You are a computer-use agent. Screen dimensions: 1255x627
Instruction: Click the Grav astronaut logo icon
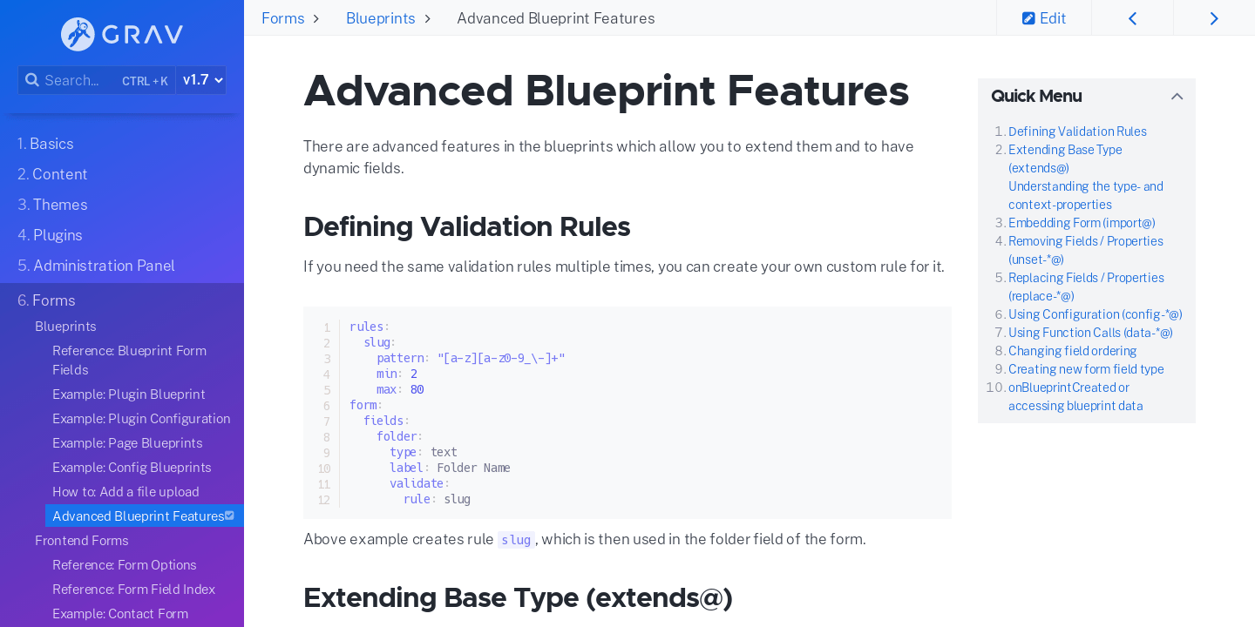78,34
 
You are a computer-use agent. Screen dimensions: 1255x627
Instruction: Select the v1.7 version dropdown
201,80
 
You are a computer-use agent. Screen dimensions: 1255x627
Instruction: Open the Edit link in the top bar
1044,18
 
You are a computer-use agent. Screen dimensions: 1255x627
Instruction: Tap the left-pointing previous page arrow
1132,18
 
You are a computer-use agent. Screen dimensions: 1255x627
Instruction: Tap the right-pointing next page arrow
1214,18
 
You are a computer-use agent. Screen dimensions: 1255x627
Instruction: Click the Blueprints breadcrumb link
380,18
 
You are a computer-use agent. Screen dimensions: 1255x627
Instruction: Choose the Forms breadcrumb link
283,18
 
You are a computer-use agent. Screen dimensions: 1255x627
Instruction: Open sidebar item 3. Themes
52,205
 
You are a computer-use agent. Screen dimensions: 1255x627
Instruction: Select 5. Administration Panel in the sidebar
96,266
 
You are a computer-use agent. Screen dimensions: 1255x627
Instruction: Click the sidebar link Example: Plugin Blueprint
129,394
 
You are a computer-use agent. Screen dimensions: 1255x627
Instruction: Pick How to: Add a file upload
125,491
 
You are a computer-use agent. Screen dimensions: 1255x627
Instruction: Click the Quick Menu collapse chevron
1177,97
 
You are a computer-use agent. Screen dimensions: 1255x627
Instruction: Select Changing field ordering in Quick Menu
1072,351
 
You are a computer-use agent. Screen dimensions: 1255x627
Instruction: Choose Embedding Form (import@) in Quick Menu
1082,223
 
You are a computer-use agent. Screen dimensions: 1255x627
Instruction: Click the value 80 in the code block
417,389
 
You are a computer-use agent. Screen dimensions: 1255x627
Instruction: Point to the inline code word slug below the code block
516,540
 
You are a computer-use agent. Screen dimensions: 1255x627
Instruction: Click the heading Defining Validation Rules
467,226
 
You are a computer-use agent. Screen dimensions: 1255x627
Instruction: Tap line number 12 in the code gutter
324,499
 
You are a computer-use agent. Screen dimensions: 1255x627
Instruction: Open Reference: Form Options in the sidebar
125,565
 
